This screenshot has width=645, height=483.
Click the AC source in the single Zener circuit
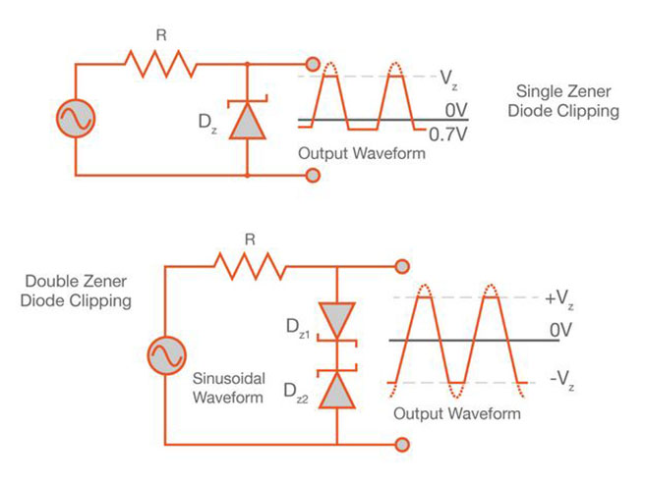pos(76,119)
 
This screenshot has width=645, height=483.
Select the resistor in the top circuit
pos(161,65)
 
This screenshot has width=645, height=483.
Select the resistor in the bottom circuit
pos(250,265)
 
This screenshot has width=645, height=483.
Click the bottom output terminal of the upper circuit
pos(314,176)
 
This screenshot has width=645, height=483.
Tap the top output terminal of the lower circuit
pos(402,266)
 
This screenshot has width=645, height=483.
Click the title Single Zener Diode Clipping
pos(574,101)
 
